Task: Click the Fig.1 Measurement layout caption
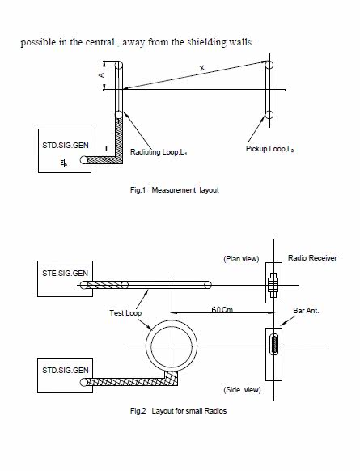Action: pos(175,190)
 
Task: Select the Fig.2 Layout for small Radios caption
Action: pos(178,410)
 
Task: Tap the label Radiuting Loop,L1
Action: pos(159,152)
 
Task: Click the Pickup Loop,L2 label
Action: pos(269,149)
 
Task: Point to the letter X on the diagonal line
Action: pos(202,68)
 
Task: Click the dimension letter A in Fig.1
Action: pos(101,74)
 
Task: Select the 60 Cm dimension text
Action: pos(222,309)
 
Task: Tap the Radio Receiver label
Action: pos(312,257)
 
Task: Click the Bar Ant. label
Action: pos(306,311)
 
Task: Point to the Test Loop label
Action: pos(125,313)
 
